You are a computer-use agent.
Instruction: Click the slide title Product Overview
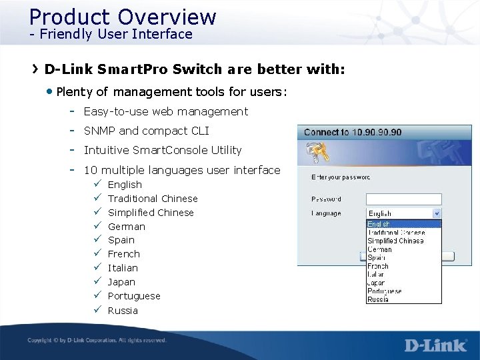123,17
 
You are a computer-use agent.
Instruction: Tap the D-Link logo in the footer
435,345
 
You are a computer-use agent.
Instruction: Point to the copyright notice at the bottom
97,341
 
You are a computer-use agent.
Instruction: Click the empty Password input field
404,199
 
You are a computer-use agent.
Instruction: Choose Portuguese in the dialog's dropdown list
385,291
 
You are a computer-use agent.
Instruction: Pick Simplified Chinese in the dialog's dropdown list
395,241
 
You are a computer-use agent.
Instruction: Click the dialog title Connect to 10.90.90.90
353,132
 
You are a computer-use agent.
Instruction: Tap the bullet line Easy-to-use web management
165,111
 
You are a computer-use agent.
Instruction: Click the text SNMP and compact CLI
146,131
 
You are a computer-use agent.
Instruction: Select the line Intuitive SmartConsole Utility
163,150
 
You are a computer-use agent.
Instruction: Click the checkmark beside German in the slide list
97,226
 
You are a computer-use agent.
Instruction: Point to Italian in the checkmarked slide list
123,268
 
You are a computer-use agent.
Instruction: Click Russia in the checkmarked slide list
123,310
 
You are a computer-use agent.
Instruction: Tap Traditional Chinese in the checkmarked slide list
153,199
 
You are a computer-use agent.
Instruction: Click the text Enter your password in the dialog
341,177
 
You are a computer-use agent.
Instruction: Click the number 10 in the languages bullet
90,170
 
